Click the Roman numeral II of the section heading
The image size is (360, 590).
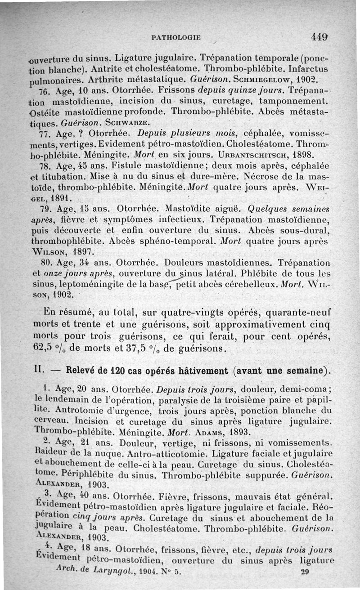point(38,371)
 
